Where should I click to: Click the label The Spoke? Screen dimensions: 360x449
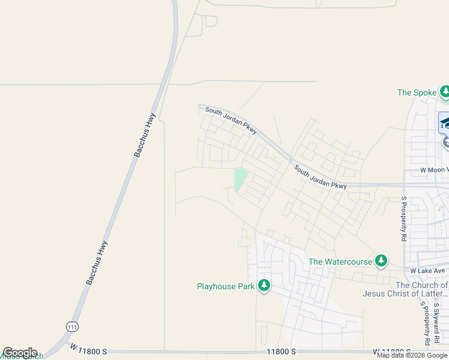417,92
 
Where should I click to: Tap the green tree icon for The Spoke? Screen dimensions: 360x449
445,92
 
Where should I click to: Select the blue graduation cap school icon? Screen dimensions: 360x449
445,123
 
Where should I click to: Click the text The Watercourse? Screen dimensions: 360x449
340,262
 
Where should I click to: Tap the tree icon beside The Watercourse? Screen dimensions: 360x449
381,261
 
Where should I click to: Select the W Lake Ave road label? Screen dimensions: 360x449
429,271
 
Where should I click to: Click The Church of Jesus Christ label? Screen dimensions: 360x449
405,289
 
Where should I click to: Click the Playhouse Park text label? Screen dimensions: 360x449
226,286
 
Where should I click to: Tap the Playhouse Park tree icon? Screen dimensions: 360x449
264,286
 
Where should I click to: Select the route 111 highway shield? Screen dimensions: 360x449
72,325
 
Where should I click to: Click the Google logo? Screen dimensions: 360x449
20,353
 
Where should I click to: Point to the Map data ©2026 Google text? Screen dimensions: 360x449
412,355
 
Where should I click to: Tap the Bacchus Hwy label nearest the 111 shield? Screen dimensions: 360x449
97,262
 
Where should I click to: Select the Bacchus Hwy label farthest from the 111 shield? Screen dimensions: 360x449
145,135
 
